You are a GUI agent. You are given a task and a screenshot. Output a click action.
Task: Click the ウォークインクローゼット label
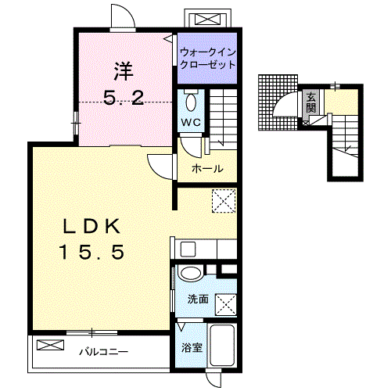click(x=208, y=59)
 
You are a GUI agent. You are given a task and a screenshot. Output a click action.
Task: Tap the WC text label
click(x=191, y=122)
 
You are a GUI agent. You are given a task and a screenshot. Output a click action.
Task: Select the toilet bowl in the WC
click(x=192, y=102)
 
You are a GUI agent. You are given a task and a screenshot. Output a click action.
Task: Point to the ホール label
click(x=207, y=169)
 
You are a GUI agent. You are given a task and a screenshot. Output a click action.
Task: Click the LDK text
click(x=91, y=226)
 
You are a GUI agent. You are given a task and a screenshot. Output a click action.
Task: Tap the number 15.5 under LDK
click(x=92, y=252)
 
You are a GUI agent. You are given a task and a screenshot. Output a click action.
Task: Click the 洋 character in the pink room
click(x=124, y=71)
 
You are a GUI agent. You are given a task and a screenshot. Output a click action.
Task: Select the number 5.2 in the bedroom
click(x=124, y=98)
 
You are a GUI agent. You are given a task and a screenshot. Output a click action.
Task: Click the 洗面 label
click(x=198, y=300)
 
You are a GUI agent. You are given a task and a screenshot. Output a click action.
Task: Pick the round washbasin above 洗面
click(x=191, y=274)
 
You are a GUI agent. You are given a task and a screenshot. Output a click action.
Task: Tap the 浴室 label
click(x=192, y=348)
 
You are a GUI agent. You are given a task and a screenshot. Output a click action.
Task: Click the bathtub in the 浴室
click(x=222, y=346)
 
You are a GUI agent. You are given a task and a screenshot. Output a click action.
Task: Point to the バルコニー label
click(x=104, y=352)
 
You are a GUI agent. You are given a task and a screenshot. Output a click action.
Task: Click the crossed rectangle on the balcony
click(x=50, y=345)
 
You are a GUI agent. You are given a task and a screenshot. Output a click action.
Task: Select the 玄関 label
click(x=310, y=102)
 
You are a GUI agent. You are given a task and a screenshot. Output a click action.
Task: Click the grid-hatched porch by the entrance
click(x=278, y=102)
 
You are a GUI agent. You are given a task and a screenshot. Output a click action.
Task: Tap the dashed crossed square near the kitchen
click(x=224, y=201)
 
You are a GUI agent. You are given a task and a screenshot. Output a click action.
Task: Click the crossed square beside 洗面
click(x=226, y=305)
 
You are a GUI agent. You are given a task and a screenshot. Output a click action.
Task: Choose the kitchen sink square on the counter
click(x=188, y=249)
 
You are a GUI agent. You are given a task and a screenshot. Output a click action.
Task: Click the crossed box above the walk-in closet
click(x=207, y=20)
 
